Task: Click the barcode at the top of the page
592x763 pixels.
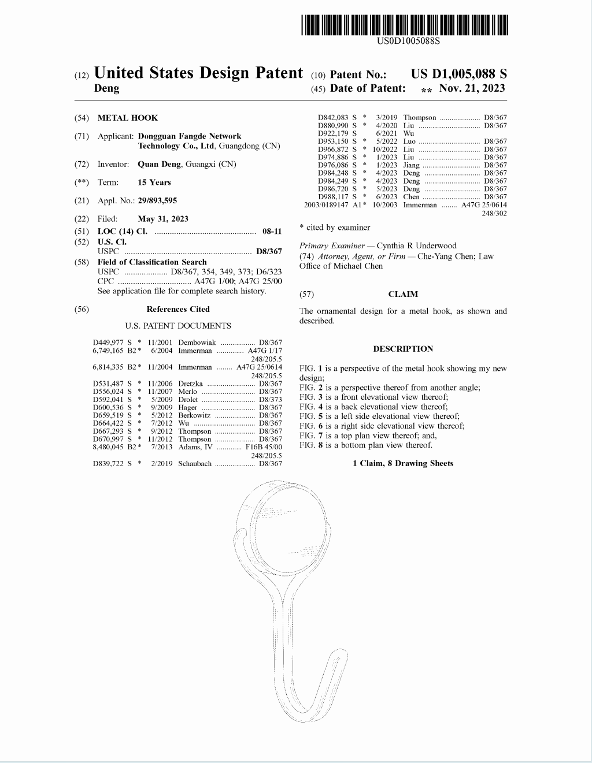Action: click(404, 25)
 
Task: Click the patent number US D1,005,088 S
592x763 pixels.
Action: click(458, 74)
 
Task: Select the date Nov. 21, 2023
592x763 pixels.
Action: click(472, 88)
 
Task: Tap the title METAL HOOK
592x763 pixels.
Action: click(127, 118)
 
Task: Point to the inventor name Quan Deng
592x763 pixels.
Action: click(159, 164)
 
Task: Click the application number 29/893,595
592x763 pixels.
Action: click(157, 200)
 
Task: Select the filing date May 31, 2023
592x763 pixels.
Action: click(163, 219)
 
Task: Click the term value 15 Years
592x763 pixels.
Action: click(154, 183)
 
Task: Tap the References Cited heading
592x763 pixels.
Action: click(178, 309)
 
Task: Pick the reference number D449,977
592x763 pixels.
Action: click(108, 343)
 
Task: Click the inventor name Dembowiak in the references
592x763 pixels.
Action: click(197, 343)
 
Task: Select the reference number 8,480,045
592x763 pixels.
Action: click(108, 447)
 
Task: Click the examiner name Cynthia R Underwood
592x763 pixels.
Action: click(416, 245)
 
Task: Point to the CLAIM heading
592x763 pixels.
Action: click(403, 294)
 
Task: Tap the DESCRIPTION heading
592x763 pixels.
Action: click(403, 349)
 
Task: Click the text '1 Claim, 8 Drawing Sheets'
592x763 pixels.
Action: click(403, 463)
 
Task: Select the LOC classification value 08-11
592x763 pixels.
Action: click(272, 231)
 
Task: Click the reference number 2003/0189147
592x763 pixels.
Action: click(326, 205)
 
